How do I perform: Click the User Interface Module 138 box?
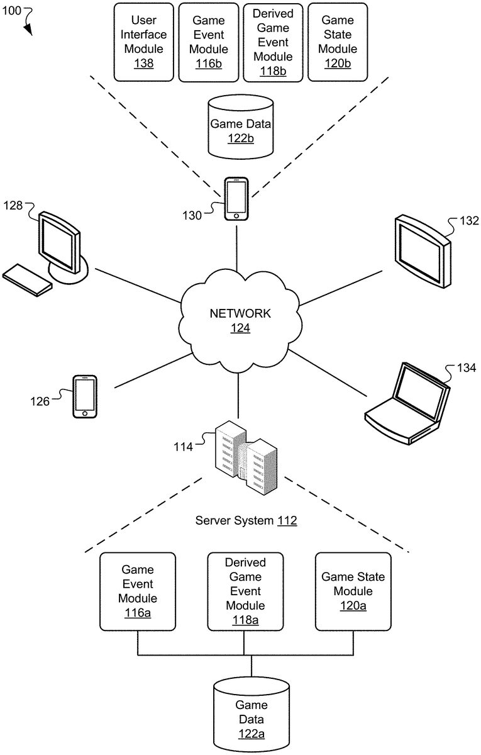click(143, 42)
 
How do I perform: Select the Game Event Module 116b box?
click(208, 42)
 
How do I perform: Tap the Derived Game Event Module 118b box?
click(273, 42)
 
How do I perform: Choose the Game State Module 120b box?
click(338, 42)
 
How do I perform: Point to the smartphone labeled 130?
click(236, 199)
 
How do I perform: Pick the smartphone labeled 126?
click(85, 396)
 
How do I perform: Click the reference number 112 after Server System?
click(287, 520)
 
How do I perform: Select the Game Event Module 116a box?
click(138, 591)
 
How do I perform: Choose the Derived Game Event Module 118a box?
click(245, 591)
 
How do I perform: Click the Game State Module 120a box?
click(353, 591)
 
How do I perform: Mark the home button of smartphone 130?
click(236, 216)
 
